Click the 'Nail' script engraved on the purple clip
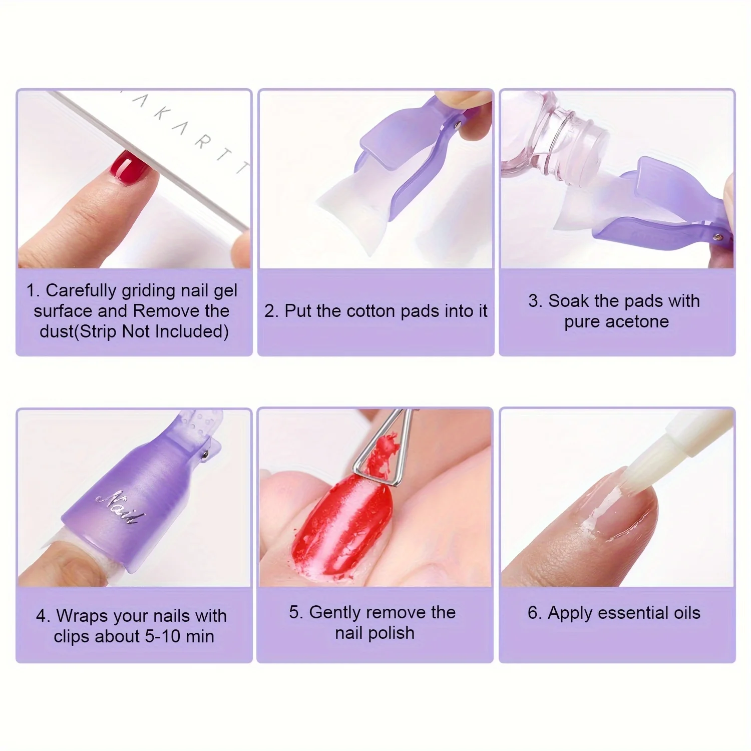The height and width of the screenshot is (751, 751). pyautogui.click(x=120, y=506)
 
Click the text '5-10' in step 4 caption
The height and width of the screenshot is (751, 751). pyautogui.click(x=163, y=636)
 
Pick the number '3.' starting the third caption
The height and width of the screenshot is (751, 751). pyautogui.click(x=535, y=301)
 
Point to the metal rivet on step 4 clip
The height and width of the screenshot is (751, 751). pyautogui.click(x=206, y=455)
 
